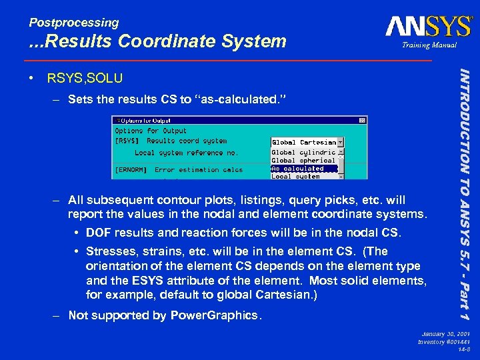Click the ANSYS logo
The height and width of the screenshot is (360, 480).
click(x=429, y=26)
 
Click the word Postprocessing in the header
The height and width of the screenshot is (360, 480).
click(x=74, y=23)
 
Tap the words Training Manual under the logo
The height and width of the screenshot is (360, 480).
click(x=429, y=45)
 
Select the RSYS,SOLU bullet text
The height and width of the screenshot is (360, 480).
click(x=85, y=79)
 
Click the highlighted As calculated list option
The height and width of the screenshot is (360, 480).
click(x=297, y=169)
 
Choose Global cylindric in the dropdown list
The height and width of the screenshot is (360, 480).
click(x=303, y=153)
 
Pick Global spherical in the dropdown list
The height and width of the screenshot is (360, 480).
click(x=303, y=161)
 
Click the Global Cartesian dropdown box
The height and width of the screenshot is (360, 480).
click(x=307, y=142)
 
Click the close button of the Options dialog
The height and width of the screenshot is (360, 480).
click(x=362, y=121)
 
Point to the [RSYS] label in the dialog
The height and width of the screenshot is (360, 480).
click(x=127, y=141)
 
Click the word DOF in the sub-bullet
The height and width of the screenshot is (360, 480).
click(x=98, y=233)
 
